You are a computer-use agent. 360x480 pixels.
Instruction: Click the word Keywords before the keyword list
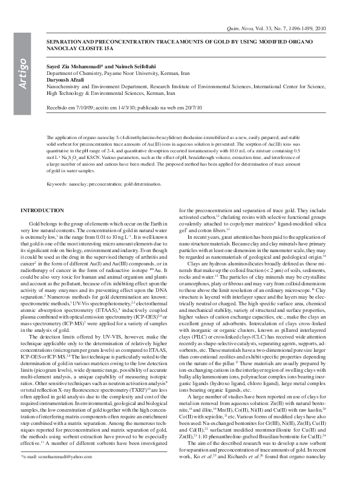pyautogui.click(x=57, y=183)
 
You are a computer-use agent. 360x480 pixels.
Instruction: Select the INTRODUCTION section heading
pyautogui.click(x=42, y=210)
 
